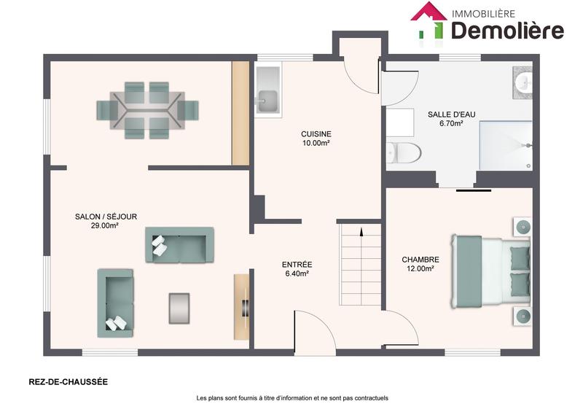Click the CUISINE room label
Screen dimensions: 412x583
click(316, 134)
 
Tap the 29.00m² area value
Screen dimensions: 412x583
click(105, 226)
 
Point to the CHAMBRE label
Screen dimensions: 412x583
click(420, 260)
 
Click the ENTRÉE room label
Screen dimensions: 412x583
click(297, 264)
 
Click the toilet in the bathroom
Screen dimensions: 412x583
click(404, 153)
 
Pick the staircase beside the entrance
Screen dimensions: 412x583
click(360, 265)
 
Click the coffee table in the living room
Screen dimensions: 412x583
click(179, 307)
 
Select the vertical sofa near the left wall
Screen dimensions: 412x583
click(116, 302)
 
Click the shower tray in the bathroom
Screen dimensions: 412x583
click(505, 144)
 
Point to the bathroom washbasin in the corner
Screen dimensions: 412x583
click(524, 82)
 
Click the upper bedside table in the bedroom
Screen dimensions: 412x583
click(523, 226)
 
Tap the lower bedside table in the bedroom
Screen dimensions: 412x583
click(523, 315)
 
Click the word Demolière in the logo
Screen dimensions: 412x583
click(507, 30)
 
